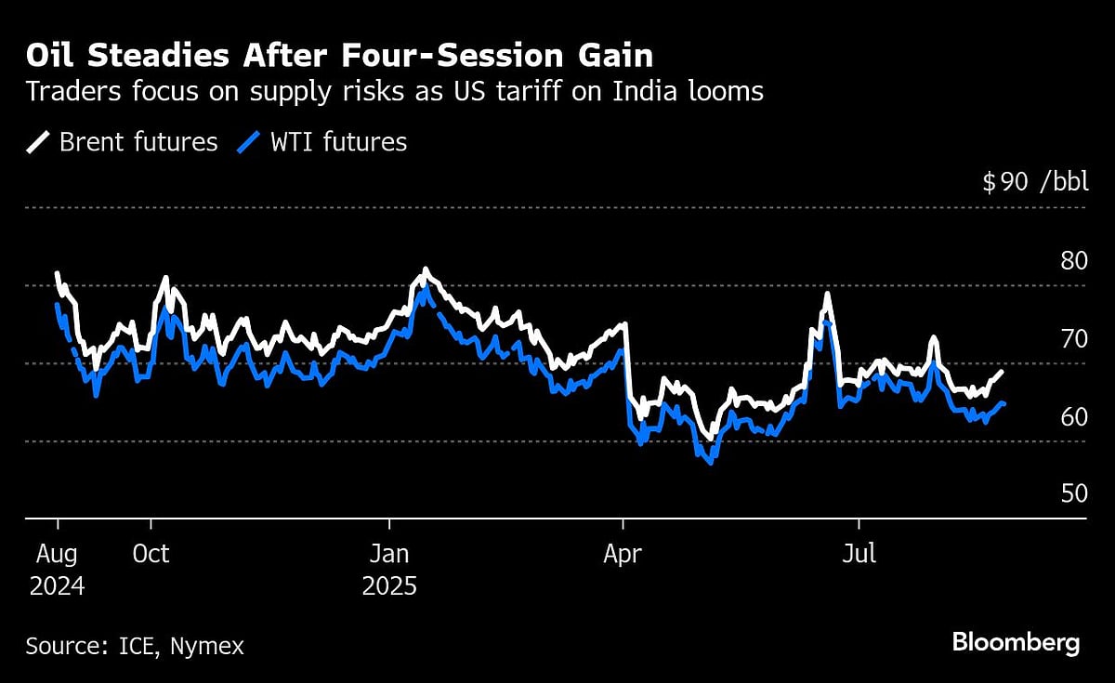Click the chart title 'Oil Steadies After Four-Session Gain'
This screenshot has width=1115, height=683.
pos(339,56)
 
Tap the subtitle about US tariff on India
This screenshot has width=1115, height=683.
pos(395,92)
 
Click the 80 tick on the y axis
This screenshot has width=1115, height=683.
pos(1073,260)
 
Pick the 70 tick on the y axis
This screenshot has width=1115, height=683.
pos(1073,338)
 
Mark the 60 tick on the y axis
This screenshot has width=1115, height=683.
pos(1073,416)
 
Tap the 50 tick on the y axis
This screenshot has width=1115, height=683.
pos(1073,493)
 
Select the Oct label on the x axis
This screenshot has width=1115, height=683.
pos(151,555)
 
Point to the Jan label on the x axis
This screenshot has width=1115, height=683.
pos(388,555)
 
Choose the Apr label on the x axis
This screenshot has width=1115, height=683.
pos(623,555)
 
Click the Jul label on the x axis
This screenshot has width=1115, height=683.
pos(859,555)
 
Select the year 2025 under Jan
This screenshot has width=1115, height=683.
pos(388,587)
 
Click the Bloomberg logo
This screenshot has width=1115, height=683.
pos(1016,643)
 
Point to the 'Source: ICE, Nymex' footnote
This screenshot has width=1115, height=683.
pos(135,646)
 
